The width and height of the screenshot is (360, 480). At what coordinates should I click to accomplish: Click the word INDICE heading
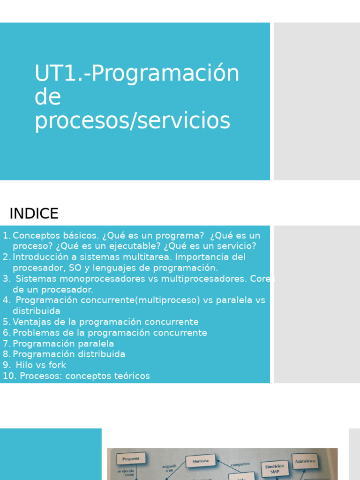click(x=34, y=214)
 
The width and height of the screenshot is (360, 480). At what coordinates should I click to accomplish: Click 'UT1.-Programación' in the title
click(x=137, y=74)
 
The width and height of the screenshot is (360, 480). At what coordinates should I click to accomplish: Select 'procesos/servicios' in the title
click(x=132, y=121)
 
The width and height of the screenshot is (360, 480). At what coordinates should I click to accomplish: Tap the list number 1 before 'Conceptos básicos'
click(x=6, y=235)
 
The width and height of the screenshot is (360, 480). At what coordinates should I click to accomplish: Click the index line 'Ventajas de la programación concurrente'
click(x=105, y=322)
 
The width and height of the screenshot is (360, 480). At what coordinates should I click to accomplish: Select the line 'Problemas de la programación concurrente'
click(x=110, y=333)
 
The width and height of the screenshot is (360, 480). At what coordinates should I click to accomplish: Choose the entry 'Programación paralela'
click(x=63, y=344)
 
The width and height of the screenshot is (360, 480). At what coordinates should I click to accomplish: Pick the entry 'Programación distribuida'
click(x=69, y=354)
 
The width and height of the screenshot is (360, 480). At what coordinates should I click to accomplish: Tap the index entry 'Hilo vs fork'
click(x=41, y=365)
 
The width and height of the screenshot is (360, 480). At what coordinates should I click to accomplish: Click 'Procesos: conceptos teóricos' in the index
click(x=85, y=376)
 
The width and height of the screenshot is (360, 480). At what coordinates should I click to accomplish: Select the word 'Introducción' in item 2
click(x=41, y=257)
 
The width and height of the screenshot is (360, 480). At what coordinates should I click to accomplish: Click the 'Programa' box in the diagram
click(x=131, y=458)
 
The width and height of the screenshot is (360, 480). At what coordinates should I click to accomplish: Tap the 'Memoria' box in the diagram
click(x=200, y=461)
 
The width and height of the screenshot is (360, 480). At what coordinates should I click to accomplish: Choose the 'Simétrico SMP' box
click(x=275, y=468)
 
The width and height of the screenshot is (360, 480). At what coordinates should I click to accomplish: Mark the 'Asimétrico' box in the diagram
click(x=305, y=461)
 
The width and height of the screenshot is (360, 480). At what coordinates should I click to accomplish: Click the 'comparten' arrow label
click(x=240, y=464)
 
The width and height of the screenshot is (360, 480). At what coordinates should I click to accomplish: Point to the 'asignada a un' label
click(x=169, y=468)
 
